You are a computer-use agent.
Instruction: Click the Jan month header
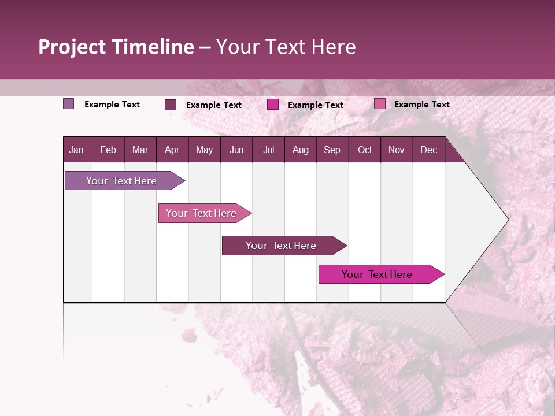[x=76, y=150]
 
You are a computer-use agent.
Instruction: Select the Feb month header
[x=108, y=150]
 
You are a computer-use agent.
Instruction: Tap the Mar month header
[x=140, y=150]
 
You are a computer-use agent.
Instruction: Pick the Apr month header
[x=172, y=150]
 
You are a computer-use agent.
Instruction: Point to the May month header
[x=204, y=150]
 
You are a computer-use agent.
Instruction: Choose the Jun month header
[x=236, y=150]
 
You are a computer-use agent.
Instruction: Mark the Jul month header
[x=268, y=150]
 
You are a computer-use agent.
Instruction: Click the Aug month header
[x=300, y=150]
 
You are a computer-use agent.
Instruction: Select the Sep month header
[x=332, y=150]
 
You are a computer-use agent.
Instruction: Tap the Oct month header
[x=365, y=150]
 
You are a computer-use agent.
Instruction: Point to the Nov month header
[x=396, y=150]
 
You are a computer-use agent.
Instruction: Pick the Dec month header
[x=428, y=150]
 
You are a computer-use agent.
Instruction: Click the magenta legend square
[x=273, y=105]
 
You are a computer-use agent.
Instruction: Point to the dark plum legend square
[x=171, y=105]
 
